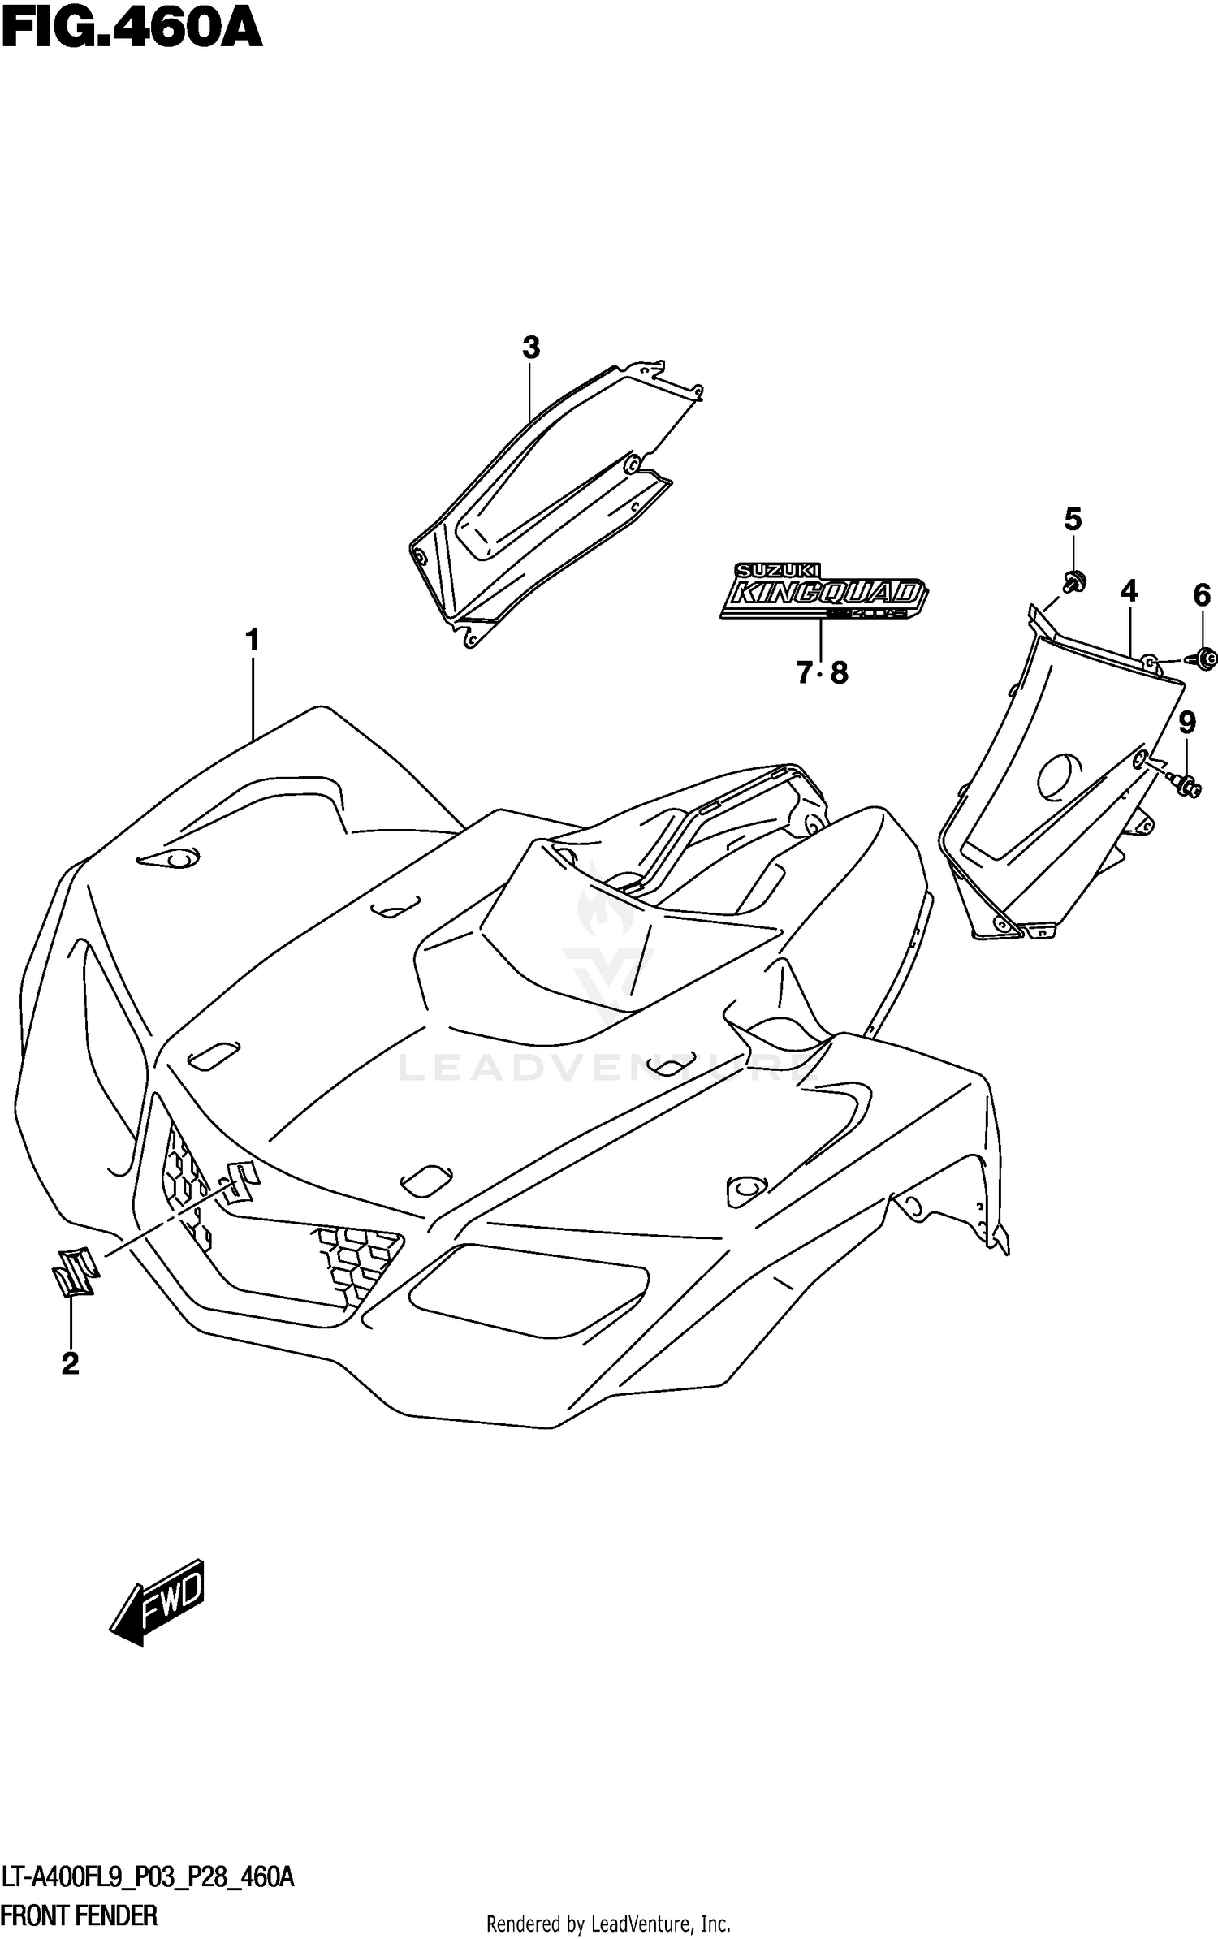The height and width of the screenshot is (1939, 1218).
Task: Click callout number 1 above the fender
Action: coord(253,641)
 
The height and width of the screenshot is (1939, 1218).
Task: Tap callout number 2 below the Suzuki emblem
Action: coord(71,1363)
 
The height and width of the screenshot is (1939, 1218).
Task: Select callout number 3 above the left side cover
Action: coord(530,348)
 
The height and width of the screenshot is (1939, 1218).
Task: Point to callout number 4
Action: coord(1129,591)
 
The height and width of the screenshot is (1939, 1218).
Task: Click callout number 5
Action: coord(1073,519)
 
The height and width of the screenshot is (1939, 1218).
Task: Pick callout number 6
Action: coord(1202,595)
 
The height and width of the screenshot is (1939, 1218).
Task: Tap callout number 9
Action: coord(1187,722)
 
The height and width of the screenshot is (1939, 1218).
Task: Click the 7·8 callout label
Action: coord(821,672)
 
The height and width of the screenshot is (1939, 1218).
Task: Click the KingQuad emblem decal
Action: coord(823,592)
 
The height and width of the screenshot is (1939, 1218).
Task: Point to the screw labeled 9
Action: coord(1188,785)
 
